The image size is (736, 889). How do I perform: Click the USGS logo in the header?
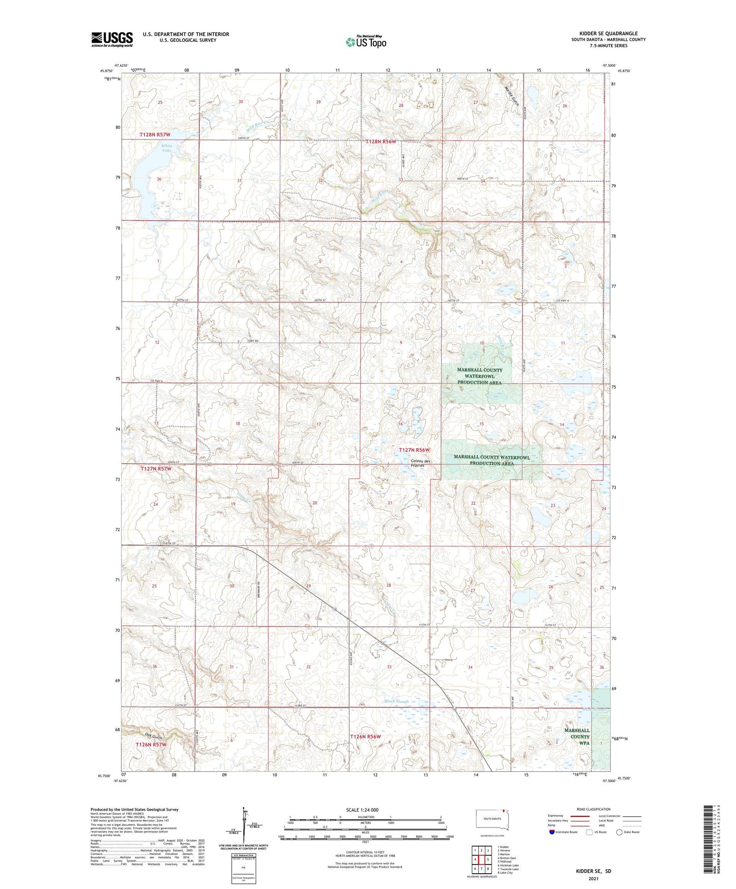(x=112, y=39)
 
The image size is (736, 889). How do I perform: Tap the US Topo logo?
(x=366, y=42)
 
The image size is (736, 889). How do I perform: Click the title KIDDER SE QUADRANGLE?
(x=608, y=34)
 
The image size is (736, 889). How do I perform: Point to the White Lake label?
(x=167, y=148)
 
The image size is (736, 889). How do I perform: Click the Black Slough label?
(x=397, y=701)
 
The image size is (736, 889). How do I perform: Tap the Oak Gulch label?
(x=153, y=736)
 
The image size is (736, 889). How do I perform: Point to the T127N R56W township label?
(x=414, y=450)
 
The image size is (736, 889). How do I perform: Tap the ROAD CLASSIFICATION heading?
(x=593, y=809)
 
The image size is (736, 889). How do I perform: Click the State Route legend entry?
(x=628, y=832)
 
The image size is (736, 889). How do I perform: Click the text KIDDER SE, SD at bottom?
(x=593, y=871)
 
